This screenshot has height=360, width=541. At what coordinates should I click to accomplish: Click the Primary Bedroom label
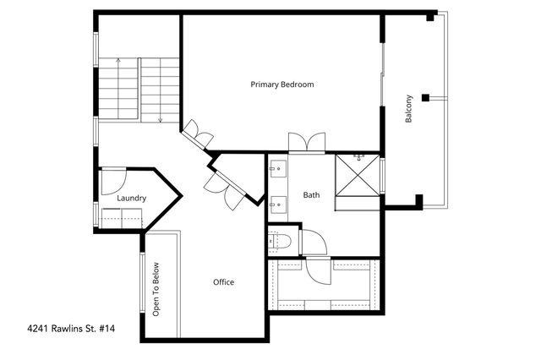282,85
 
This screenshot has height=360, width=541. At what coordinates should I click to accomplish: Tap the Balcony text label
409,109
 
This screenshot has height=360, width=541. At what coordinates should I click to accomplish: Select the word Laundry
132,199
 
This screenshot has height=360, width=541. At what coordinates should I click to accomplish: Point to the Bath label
312,195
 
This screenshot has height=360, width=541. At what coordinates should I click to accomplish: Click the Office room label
223,282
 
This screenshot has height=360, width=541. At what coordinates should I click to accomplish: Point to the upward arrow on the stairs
117,63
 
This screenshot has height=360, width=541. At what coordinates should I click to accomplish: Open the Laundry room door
112,181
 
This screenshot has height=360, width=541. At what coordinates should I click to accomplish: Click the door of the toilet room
310,242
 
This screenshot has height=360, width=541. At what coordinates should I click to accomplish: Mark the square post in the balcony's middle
427,95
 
